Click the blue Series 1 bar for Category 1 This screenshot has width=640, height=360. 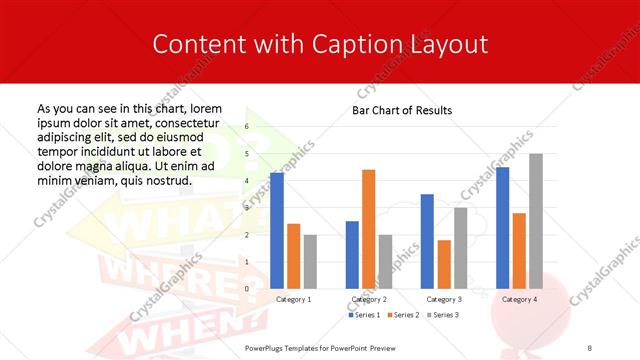pyautogui.click(x=277, y=231)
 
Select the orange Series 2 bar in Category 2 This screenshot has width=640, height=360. pyautogui.click(x=368, y=229)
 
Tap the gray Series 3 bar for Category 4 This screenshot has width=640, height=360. pyautogui.click(x=535, y=221)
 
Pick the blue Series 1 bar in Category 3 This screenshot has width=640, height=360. pyautogui.click(x=427, y=241)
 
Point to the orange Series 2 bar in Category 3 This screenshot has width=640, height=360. pyautogui.click(x=444, y=264)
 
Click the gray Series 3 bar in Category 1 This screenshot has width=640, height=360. pyautogui.click(x=310, y=261)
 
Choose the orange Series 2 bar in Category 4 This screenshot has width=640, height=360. pyautogui.click(x=519, y=250)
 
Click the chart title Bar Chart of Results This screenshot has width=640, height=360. pyautogui.click(x=402, y=110)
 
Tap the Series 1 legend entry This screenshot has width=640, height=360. pyautogui.click(x=364, y=315)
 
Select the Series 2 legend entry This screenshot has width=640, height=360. pyautogui.click(x=402, y=315)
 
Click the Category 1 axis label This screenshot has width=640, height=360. pyautogui.click(x=293, y=299)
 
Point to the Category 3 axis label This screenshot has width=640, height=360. pyautogui.click(x=444, y=299)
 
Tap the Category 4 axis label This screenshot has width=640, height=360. pyautogui.click(x=519, y=299)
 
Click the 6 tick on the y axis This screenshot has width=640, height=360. pyautogui.click(x=247, y=128)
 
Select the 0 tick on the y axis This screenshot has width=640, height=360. pyautogui.click(x=247, y=289)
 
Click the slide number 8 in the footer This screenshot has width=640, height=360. pyautogui.click(x=590, y=347)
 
